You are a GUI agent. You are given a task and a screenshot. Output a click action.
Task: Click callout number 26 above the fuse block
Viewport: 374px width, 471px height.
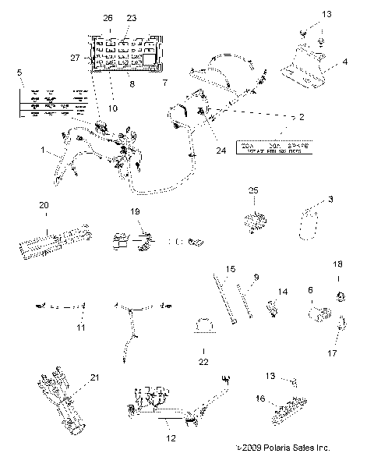pos(108,16)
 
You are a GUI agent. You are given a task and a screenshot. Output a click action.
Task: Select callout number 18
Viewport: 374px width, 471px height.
pos(337,264)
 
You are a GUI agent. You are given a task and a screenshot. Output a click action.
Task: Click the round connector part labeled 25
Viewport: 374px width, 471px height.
pos(255,221)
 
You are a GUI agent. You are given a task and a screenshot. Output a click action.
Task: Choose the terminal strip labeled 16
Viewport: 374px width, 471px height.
pos(289,409)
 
